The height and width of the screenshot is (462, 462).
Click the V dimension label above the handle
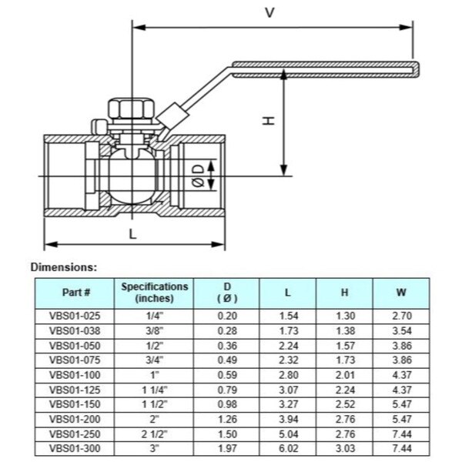pos(269,12)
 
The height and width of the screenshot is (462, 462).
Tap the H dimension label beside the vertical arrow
pos(268,121)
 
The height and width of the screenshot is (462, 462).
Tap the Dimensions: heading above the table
pos(63,267)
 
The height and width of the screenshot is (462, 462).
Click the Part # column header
pos(76,293)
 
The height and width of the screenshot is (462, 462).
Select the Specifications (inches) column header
pos(154,293)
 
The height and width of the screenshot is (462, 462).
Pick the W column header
pos(400,293)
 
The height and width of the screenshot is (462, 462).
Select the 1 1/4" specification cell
pos(154,389)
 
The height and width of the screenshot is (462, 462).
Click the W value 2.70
pos(400,316)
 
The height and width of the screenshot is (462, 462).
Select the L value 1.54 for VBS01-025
pos(287,316)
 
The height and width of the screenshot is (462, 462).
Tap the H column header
pos(344,293)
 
